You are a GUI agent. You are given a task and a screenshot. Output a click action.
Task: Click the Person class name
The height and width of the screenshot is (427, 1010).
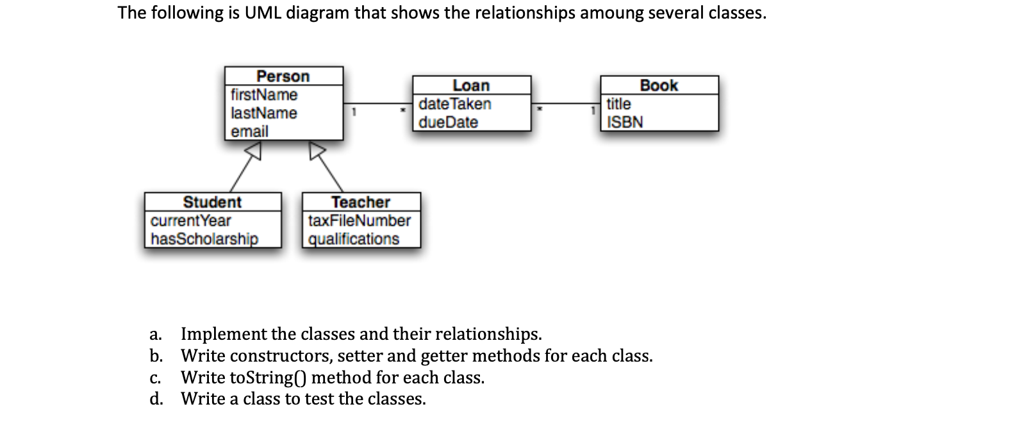[283, 76]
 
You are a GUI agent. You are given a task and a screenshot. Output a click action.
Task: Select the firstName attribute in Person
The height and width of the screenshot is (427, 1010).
[264, 95]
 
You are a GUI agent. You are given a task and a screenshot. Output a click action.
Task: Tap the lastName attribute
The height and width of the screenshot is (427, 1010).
[264, 113]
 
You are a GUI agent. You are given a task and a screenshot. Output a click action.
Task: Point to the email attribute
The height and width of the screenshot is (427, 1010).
[249, 131]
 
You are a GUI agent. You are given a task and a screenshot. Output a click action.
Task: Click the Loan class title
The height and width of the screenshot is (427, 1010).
[471, 85]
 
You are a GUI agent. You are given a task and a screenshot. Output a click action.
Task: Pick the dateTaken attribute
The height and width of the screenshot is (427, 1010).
[455, 104]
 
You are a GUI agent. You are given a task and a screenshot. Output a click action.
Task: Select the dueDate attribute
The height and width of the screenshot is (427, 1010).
[449, 122]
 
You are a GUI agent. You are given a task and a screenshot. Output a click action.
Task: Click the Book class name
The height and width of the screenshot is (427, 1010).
[659, 85]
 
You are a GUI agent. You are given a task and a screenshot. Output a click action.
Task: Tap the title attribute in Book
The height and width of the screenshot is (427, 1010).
[618, 104]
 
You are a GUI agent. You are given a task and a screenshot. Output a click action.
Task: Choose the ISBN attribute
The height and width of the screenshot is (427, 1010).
[625, 122]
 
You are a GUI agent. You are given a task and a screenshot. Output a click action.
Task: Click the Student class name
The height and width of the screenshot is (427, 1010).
[212, 202]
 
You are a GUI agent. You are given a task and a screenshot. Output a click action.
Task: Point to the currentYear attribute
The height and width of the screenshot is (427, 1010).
[190, 221]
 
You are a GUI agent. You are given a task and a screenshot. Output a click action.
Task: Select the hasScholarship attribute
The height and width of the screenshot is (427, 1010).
[204, 239]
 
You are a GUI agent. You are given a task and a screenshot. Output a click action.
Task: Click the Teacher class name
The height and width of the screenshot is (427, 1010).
[360, 202]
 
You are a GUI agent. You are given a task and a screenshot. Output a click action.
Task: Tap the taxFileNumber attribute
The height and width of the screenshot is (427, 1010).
[360, 221]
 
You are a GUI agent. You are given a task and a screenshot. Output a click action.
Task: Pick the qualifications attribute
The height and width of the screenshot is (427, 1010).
[354, 239]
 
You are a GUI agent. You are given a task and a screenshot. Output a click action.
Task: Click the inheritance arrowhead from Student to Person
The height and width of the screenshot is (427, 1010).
[255, 151]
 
